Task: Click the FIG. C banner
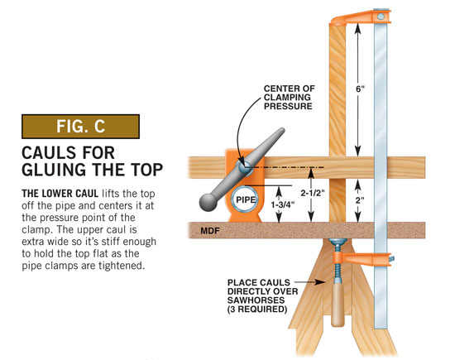coord(81,127)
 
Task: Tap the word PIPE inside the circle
coord(246,199)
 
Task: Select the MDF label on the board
coord(210,231)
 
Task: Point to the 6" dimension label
coord(360,89)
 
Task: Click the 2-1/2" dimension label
coord(312,193)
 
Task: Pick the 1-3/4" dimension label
coord(283,204)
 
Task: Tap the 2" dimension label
coord(360,200)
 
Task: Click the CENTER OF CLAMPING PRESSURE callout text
coord(289,98)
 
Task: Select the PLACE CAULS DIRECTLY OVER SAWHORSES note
coord(262,295)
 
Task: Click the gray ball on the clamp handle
coord(208,202)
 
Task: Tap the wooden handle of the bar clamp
coord(338,305)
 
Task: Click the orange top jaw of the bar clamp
coord(360,17)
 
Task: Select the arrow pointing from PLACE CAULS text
coord(309,282)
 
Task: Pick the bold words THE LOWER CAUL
coord(60,194)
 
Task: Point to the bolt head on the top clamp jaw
coord(381,17)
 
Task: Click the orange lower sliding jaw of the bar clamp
coord(362,258)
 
